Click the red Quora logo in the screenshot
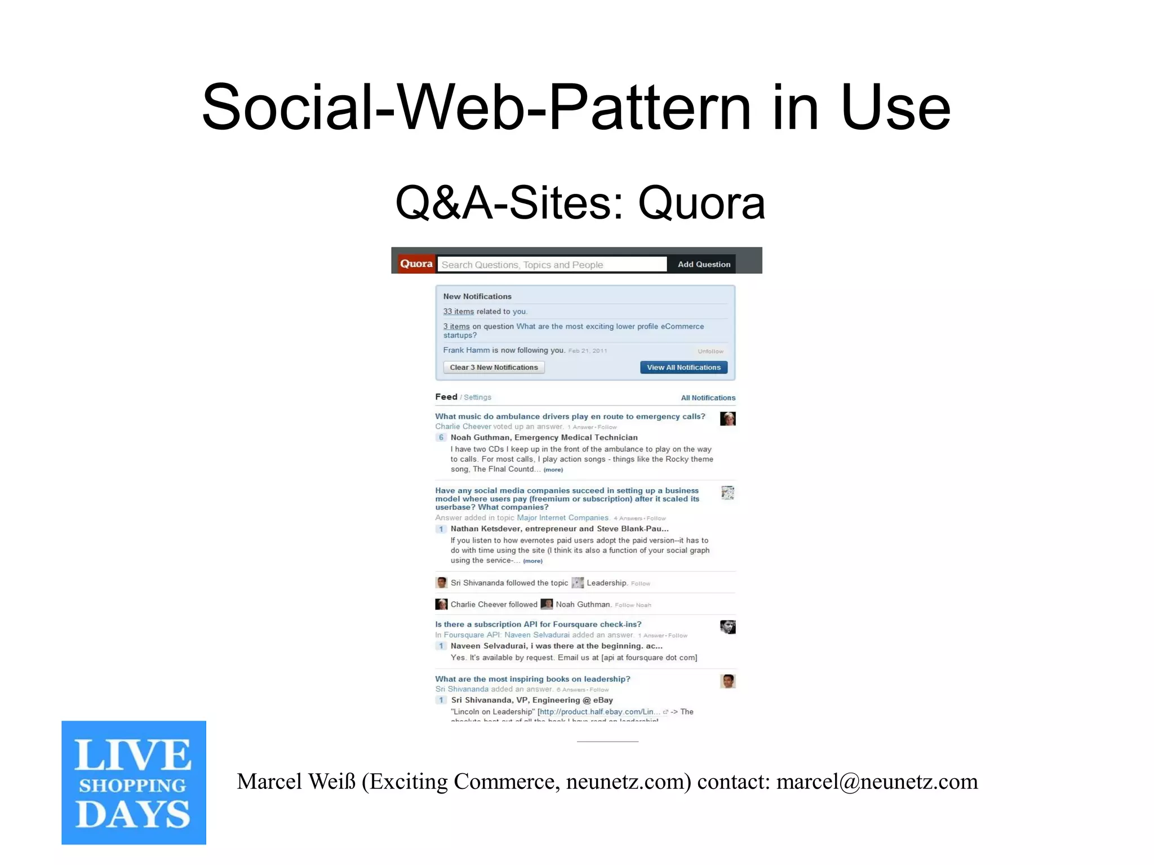coord(416,264)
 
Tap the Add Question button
coord(703,264)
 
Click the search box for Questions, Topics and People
coord(552,264)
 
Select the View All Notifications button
coord(683,367)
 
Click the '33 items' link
coord(458,312)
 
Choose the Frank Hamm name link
coord(466,350)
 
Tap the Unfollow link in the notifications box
coord(710,351)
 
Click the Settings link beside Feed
coord(477,397)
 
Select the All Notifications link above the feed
coord(708,398)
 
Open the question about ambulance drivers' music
coord(570,416)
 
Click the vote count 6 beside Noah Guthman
coord(441,437)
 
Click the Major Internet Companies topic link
coord(562,518)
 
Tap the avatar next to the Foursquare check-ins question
coord(727,627)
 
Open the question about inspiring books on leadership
coord(532,679)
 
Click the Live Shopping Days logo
coord(134,782)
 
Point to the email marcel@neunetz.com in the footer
coord(877,782)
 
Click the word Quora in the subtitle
coord(701,203)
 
